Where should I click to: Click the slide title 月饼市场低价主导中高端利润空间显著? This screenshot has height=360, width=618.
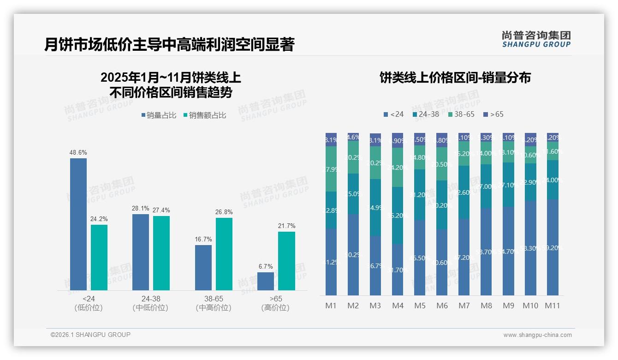[x=169, y=45]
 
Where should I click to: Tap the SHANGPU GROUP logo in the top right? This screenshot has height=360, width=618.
[x=536, y=39]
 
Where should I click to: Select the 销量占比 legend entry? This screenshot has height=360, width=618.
[x=159, y=115]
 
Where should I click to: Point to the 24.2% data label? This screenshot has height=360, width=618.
[x=99, y=219]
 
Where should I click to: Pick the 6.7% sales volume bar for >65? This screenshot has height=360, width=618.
[x=266, y=281]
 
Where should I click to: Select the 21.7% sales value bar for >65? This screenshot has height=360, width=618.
[x=286, y=261]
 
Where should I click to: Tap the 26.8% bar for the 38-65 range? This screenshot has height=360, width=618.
[x=224, y=254]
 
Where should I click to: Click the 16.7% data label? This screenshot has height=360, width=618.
[x=203, y=240]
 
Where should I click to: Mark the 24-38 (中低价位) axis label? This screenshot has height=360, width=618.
[x=150, y=303]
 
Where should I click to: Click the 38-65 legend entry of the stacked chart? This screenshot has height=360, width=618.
[x=461, y=114]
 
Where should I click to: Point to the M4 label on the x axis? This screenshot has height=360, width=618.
[x=398, y=306]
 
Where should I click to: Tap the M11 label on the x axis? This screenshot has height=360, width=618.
[x=553, y=306]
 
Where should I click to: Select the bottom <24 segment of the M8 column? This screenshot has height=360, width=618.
[x=486, y=252]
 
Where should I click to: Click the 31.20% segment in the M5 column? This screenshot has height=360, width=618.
[x=420, y=195]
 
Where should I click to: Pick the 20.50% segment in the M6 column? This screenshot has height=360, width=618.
[x=442, y=164]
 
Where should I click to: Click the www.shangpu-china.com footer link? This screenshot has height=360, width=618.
[x=537, y=335]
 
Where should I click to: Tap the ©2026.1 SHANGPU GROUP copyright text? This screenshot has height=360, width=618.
[x=90, y=335]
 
